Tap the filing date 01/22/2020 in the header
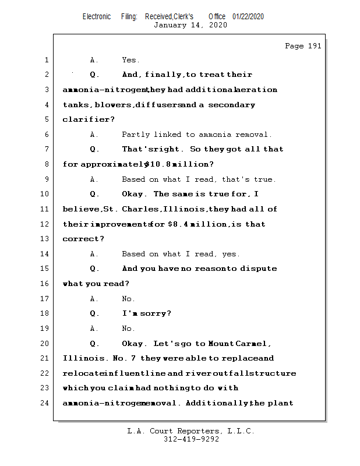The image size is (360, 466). [248, 17]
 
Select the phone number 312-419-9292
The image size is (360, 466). [191, 439]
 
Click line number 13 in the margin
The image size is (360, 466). [46, 239]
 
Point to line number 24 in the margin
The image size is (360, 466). [46, 403]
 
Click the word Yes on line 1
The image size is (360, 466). [129, 60]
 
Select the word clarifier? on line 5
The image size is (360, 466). [89, 119]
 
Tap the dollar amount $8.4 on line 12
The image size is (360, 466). [177, 224]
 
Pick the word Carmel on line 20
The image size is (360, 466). [253, 344]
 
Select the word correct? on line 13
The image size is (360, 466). [83, 239]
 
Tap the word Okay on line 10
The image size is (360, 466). [133, 194]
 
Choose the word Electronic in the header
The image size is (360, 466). [97, 17]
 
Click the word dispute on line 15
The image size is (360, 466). [257, 269]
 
